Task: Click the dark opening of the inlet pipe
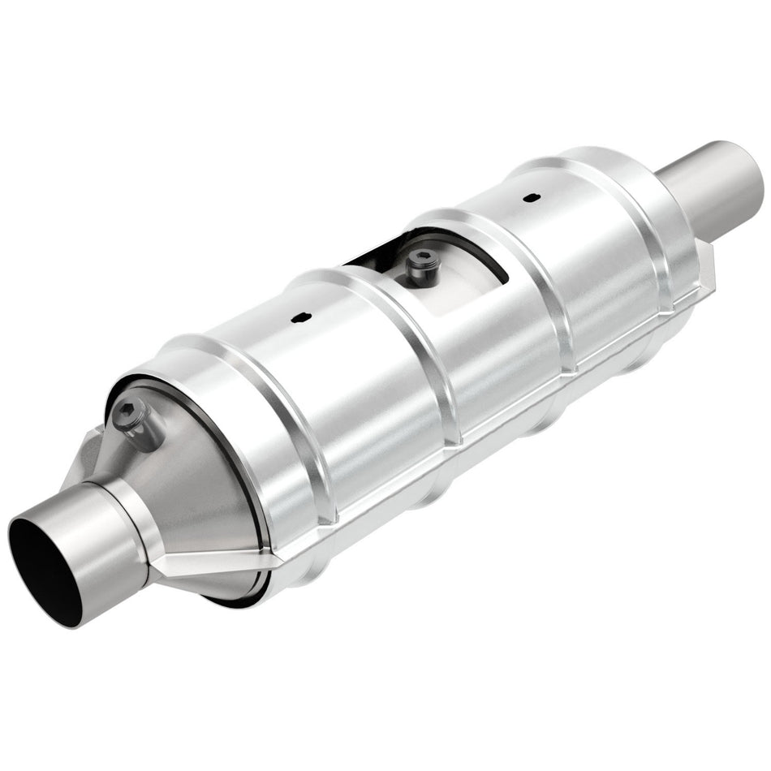coord(45,568)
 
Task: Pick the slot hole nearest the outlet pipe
coord(530,197)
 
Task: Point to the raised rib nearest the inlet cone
coord(243,390)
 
